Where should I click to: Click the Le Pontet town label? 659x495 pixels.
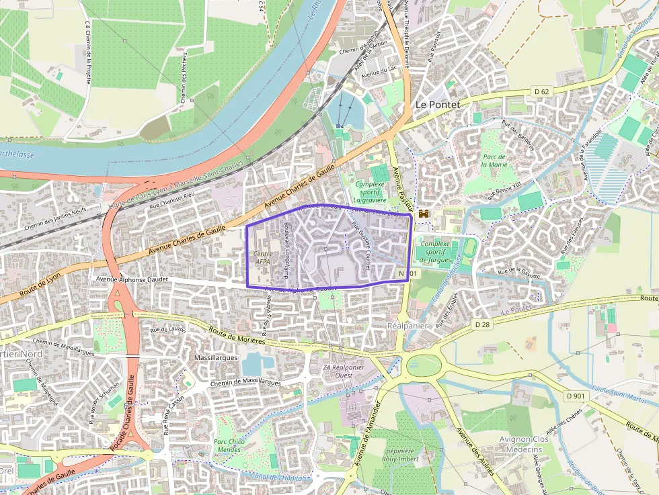(x=438, y=105)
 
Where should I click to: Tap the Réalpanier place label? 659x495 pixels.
(x=408, y=325)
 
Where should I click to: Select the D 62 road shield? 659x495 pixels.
(x=542, y=91)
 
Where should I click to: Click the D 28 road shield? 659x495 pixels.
(x=483, y=324)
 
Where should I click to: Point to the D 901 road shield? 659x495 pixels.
(x=576, y=396)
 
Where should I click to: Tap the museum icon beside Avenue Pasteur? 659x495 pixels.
(x=424, y=214)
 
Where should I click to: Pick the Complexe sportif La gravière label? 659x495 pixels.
(x=370, y=191)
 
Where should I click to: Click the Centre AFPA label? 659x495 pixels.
(x=263, y=258)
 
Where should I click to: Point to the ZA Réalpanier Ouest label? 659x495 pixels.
(x=344, y=371)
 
